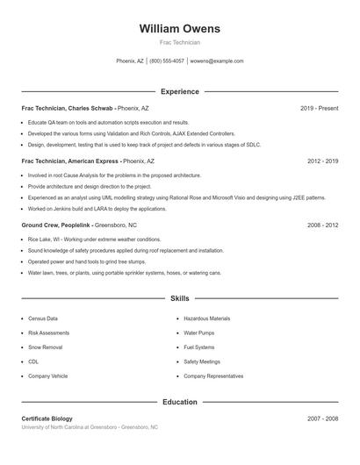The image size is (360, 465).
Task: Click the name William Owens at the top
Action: (179, 28)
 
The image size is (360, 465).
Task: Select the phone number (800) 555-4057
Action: (167, 61)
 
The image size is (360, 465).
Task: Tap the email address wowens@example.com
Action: (217, 61)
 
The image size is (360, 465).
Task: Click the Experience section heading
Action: (179, 91)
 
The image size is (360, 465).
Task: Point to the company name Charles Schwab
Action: (90, 108)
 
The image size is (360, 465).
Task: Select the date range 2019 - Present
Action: (319, 108)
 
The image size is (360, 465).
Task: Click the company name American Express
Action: (93, 161)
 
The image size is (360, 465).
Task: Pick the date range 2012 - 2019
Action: (322, 161)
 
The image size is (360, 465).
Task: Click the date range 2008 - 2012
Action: (322, 225)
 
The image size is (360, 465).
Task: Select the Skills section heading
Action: (179, 299)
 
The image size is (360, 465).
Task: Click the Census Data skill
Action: (43, 318)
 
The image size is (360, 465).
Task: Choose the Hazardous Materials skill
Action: (206, 318)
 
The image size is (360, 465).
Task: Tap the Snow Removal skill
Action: (45, 347)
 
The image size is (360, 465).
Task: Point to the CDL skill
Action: (33, 361)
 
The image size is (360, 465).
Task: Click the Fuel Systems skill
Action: (199, 347)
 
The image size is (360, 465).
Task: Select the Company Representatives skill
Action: (213, 376)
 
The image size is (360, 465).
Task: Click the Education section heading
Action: (179, 402)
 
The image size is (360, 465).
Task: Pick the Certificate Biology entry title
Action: (47, 418)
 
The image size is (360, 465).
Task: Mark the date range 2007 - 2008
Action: (322, 418)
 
